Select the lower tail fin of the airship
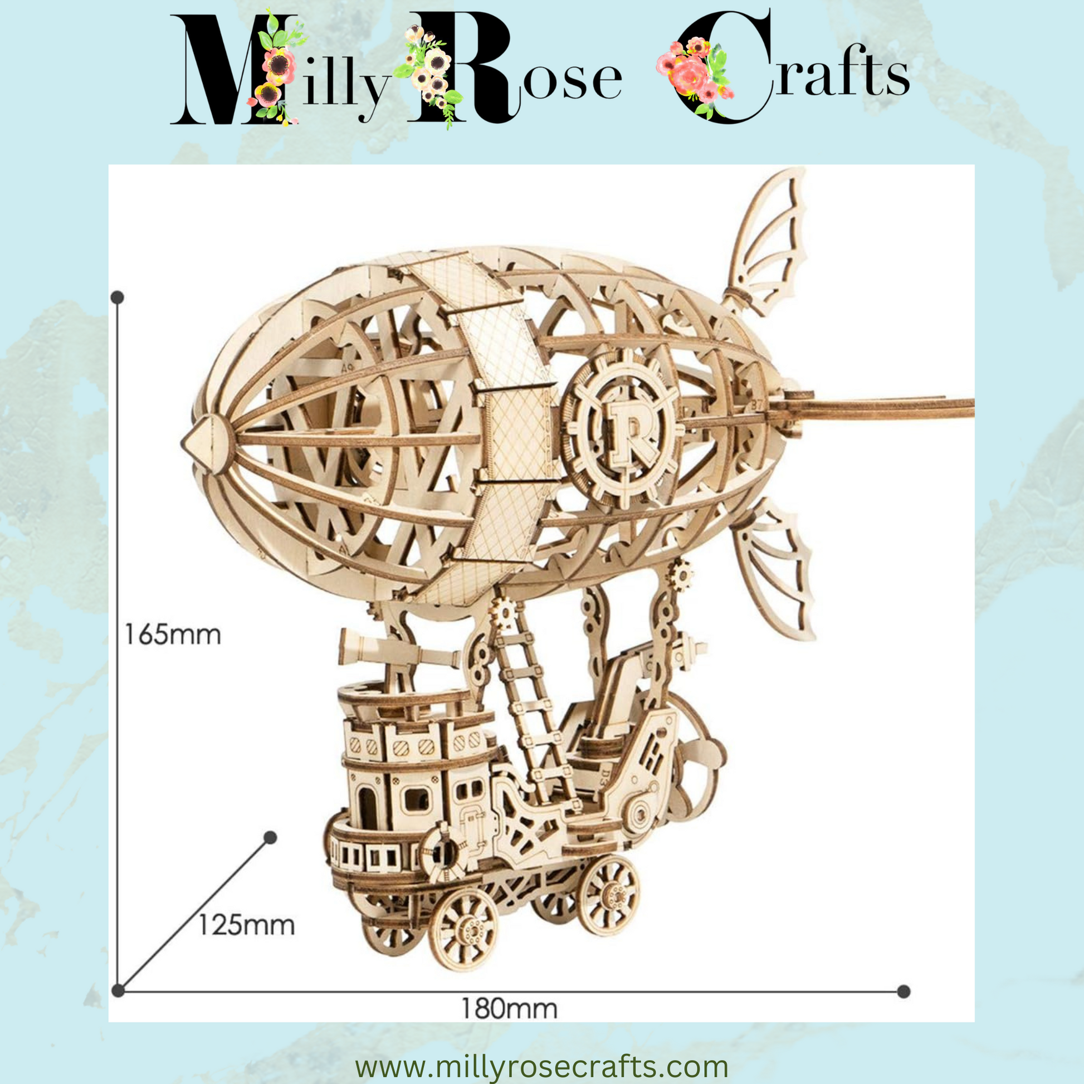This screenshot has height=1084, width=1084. pyautogui.click(x=777, y=567)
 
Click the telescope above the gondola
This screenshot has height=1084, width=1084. pyautogui.click(x=393, y=650)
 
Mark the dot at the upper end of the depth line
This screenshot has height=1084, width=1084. pyautogui.click(x=270, y=838)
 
